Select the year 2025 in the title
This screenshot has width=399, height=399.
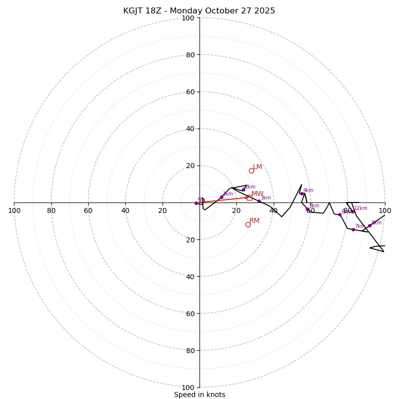click(264, 11)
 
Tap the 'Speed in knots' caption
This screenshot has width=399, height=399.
click(199, 395)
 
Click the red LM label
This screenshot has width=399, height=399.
click(257, 167)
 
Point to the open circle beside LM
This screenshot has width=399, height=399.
click(251, 171)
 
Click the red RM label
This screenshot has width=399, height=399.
click(254, 221)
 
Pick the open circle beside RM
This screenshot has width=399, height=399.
click(248, 224)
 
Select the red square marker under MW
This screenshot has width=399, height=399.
click(249, 198)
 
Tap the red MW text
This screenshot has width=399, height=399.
click(257, 194)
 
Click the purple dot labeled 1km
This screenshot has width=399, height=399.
click(221, 197)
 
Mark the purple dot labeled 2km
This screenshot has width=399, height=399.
click(243, 190)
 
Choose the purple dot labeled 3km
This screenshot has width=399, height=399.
click(259, 201)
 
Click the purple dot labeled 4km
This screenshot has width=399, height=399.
click(302, 194)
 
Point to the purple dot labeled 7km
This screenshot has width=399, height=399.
click(353, 229)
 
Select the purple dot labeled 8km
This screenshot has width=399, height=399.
click(370, 225)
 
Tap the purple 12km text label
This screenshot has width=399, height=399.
click(361, 208)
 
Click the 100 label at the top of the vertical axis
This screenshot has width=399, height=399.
click(188, 18)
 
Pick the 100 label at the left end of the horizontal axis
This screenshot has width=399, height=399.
click(14, 211)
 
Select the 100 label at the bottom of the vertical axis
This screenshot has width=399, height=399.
click(188, 387)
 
